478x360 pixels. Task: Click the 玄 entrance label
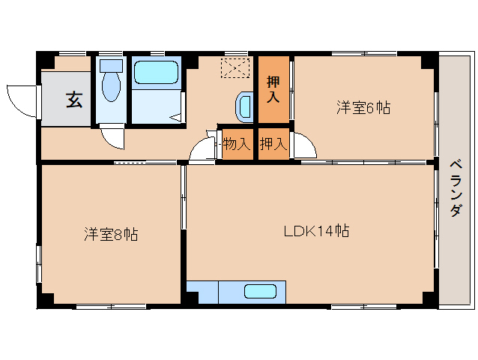pos(74,98)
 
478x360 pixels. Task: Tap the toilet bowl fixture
pos(111,86)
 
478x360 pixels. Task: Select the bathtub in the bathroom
pos(155,73)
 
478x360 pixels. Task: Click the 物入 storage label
pos(237,144)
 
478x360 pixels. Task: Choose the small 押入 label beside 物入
pos(273,144)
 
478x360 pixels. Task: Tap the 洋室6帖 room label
pos(363,108)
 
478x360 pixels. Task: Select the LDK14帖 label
pos(316,230)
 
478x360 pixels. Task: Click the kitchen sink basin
pos(259,292)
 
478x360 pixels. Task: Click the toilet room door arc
pos(112,137)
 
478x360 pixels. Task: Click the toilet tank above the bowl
pos(111,65)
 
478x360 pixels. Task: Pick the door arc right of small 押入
pos(303,145)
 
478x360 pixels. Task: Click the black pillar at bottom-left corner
pos(45,299)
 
